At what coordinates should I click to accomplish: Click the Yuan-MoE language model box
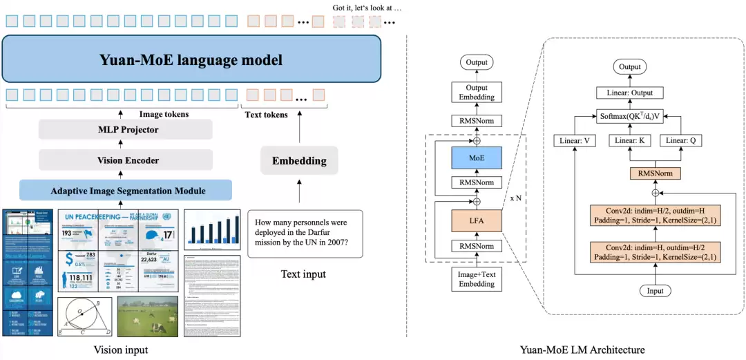[x=191, y=59]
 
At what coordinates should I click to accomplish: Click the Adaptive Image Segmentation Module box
[x=123, y=190]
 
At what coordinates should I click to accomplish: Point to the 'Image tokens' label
[x=164, y=114]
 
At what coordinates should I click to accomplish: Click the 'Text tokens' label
[x=267, y=114]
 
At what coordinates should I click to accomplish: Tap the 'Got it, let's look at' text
[x=367, y=8]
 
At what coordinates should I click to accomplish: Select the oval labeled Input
[x=655, y=291]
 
